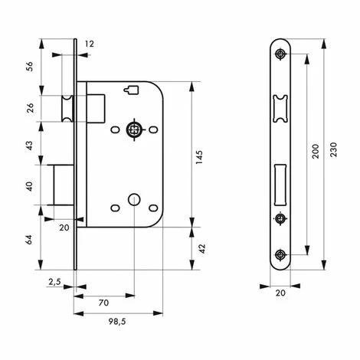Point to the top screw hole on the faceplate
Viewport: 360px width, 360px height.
[281, 53]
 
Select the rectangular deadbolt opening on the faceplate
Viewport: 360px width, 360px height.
[280, 182]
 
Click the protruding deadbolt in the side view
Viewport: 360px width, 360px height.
[61, 185]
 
